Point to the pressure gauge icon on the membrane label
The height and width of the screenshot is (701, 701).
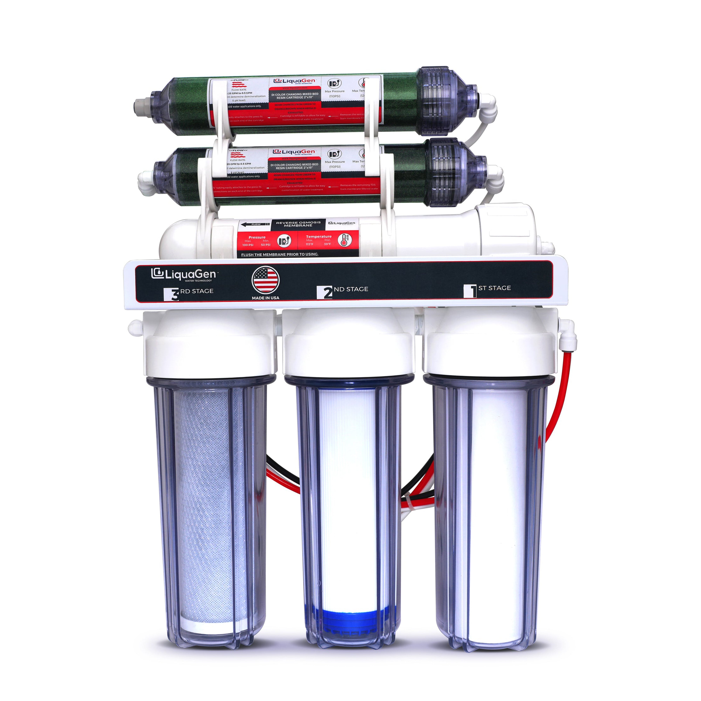pos(284,241)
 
